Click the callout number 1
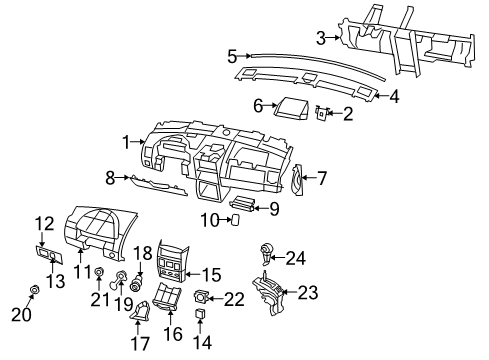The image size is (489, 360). (127, 143)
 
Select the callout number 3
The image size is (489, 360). (319, 38)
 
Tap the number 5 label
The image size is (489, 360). (231, 57)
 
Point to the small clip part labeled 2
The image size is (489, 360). (322, 114)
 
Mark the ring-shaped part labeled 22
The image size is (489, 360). (203, 296)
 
